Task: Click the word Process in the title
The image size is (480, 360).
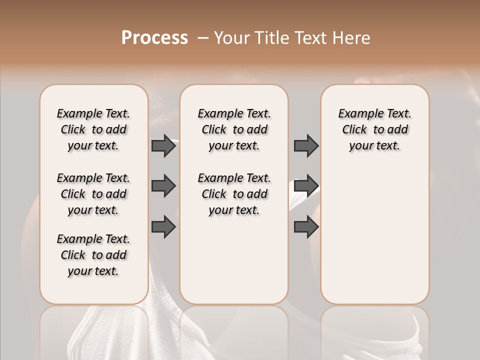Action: [x=154, y=38]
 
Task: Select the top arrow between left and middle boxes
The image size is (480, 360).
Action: [x=163, y=145]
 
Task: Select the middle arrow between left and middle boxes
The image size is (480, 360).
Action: [x=163, y=186]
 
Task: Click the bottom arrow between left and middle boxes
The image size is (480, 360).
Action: [x=163, y=226]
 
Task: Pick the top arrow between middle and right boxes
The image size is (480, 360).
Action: [x=306, y=145]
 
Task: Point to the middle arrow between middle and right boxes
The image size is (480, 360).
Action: [x=306, y=186]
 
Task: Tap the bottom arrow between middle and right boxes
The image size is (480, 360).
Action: [x=306, y=226]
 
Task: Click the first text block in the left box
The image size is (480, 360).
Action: [x=93, y=129]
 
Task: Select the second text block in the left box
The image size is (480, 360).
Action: [x=93, y=194]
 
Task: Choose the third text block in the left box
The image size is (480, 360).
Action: [x=93, y=255]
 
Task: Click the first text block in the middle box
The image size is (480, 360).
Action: [x=234, y=129]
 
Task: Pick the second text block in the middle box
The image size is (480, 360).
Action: [x=234, y=194]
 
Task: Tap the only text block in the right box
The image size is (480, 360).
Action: [x=375, y=129]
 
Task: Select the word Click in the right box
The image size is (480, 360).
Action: [x=354, y=129]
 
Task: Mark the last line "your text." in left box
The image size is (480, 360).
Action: [x=93, y=271]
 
